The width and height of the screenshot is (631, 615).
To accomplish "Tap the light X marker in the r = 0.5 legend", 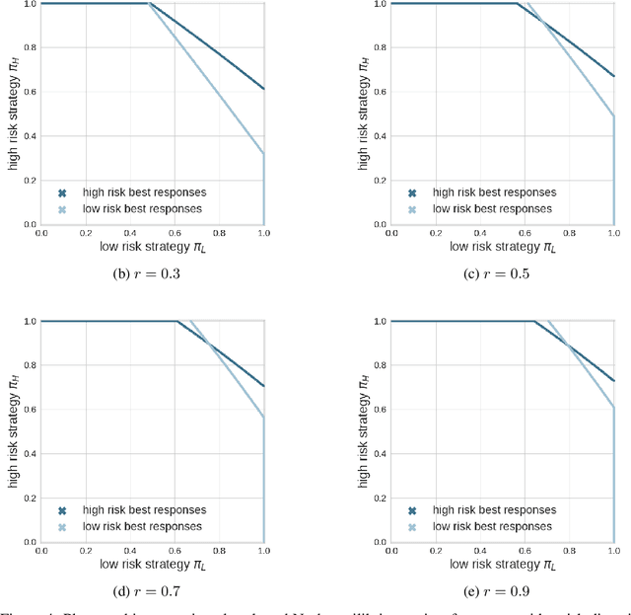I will click(x=413, y=209).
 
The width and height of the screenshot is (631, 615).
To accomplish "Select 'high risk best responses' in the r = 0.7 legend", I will click(x=144, y=510).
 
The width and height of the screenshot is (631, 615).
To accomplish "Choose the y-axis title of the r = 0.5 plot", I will click(x=360, y=114).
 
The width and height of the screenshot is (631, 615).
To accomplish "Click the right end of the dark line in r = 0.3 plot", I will click(x=263, y=89).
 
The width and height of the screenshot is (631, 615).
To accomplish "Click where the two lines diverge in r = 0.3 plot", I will click(x=148, y=4).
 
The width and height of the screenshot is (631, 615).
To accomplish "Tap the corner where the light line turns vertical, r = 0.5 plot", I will click(x=613, y=116).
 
